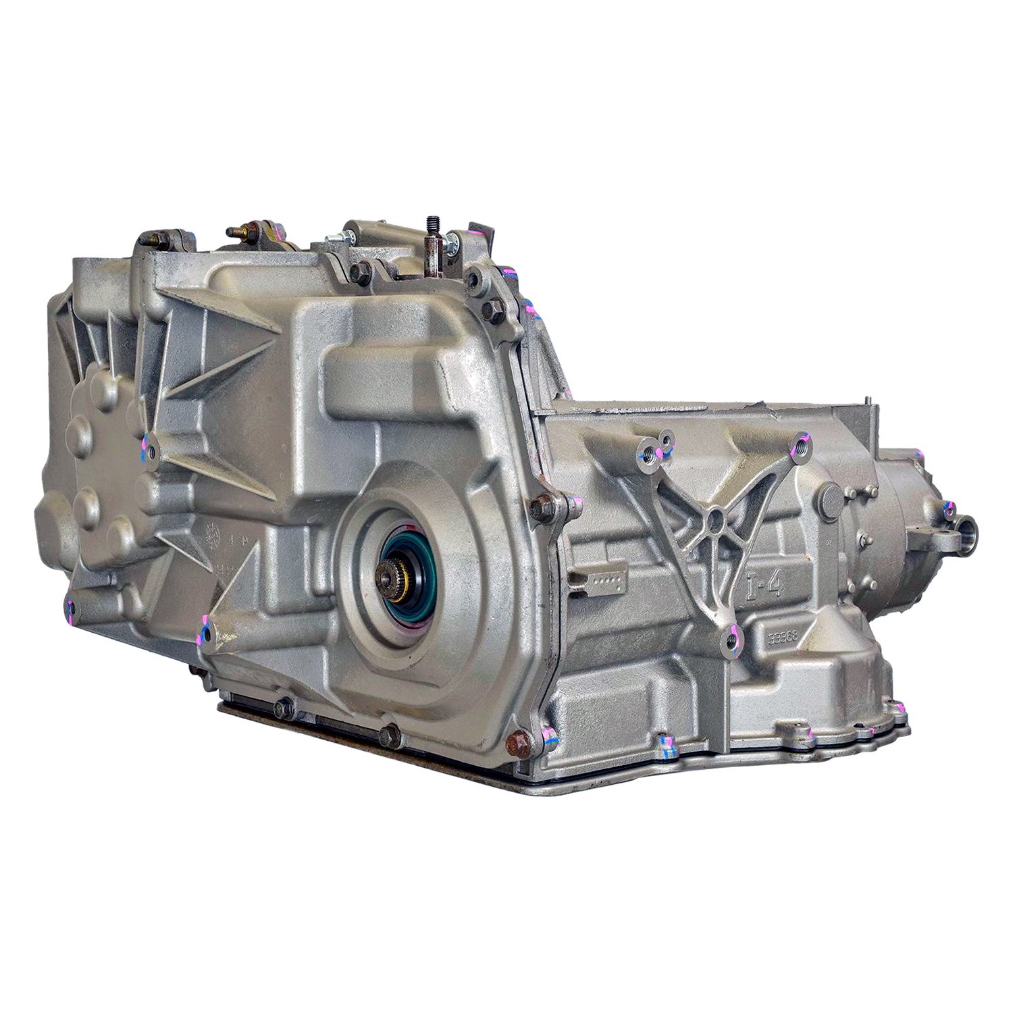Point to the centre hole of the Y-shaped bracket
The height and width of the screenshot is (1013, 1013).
pos(717,519)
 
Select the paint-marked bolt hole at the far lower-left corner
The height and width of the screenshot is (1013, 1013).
pos(70,603)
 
